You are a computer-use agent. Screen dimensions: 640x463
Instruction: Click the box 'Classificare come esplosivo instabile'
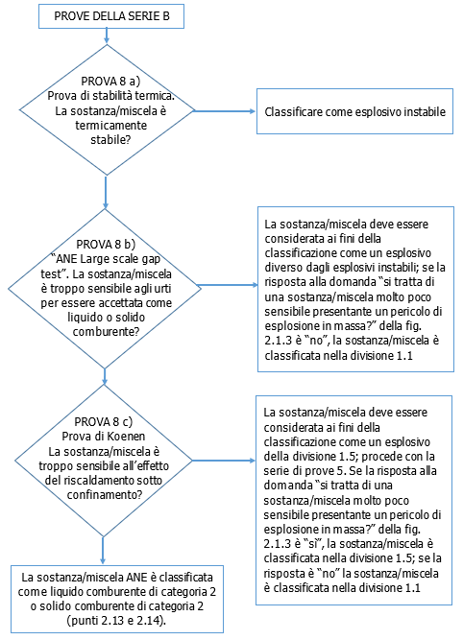353,111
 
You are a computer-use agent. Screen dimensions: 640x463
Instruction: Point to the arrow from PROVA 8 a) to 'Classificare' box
224,111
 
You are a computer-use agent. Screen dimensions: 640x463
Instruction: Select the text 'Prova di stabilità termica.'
112,96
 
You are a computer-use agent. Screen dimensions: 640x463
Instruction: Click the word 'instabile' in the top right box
420,112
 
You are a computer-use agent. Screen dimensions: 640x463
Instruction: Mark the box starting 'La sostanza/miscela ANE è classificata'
117,600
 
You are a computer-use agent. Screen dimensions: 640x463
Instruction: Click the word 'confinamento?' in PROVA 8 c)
100,494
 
